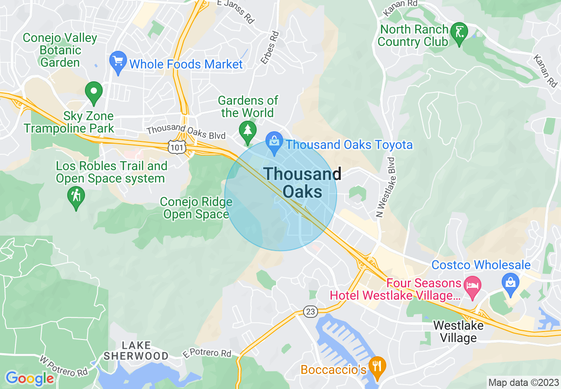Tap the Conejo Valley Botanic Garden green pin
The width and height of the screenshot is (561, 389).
pos(94,92)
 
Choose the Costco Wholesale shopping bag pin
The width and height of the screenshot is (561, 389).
pos(511,283)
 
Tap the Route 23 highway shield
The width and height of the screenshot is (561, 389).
pos(311,312)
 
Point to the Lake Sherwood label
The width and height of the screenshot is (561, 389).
pos(136,351)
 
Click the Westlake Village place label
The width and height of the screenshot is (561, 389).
pos(458,332)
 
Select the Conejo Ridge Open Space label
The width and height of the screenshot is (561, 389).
pos(196,208)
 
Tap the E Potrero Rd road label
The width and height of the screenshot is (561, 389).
pos(207,354)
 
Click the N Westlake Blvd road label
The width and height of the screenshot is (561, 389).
pos(385,187)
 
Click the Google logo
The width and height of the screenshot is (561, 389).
pos(29,378)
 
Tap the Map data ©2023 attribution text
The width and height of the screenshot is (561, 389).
pos(523,382)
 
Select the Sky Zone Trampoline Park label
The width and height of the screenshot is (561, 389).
pos(69,122)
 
